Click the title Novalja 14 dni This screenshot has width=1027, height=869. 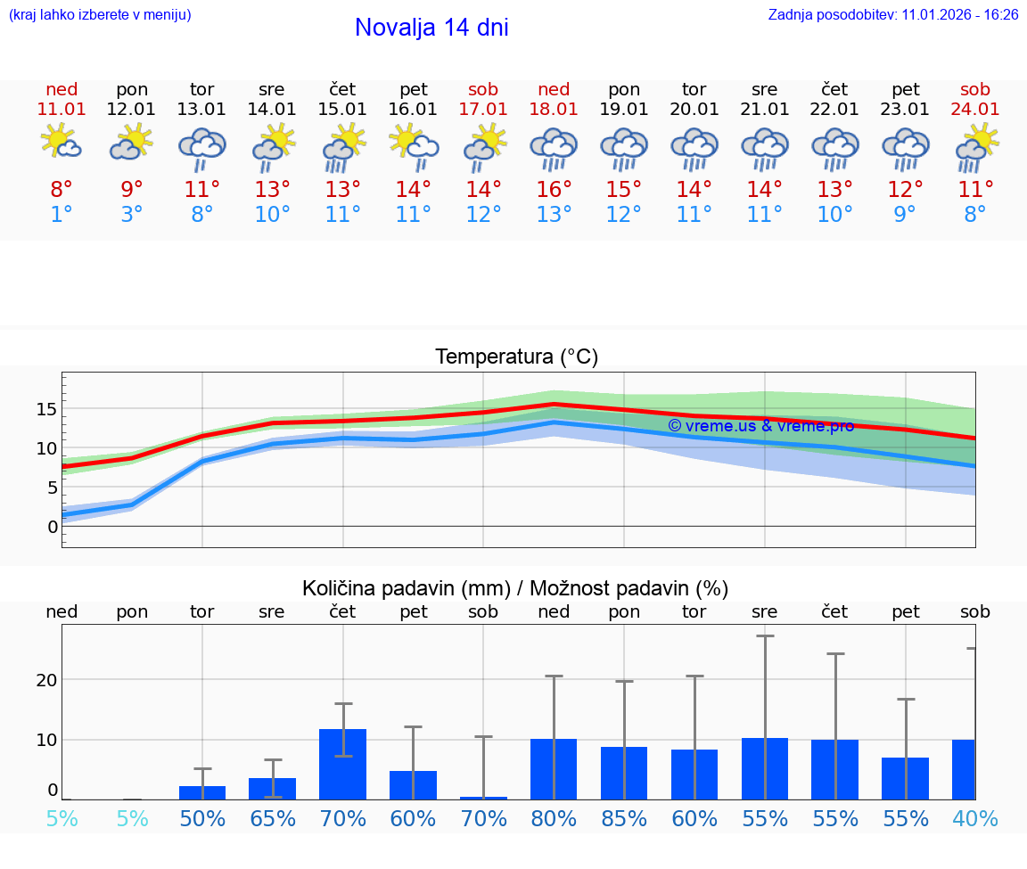click(x=431, y=28)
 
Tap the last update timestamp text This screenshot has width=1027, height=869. click(x=892, y=14)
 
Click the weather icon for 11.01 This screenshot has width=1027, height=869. click(x=62, y=143)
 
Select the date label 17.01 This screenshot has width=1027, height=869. click(x=483, y=109)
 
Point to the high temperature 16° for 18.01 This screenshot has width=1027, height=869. click(x=554, y=189)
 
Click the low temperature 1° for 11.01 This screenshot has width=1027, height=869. click(x=62, y=214)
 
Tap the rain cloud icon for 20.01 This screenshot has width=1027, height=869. click(x=694, y=149)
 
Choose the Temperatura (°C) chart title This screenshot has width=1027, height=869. click(x=516, y=357)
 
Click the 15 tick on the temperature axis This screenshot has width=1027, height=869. click(x=46, y=409)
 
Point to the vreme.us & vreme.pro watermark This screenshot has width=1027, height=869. click(x=760, y=425)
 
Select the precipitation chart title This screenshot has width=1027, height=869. click(x=515, y=588)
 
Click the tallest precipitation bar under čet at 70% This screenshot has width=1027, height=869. click(x=343, y=764)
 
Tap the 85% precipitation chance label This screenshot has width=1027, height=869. click(x=624, y=818)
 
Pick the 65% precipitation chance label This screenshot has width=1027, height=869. click(x=272, y=818)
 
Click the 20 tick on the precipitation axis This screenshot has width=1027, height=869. click(x=46, y=680)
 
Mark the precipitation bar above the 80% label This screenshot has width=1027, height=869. click(x=554, y=769)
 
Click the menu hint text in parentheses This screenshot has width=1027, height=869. click(x=100, y=14)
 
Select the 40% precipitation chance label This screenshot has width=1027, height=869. click(x=975, y=818)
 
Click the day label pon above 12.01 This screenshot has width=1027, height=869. click(x=132, y=89)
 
